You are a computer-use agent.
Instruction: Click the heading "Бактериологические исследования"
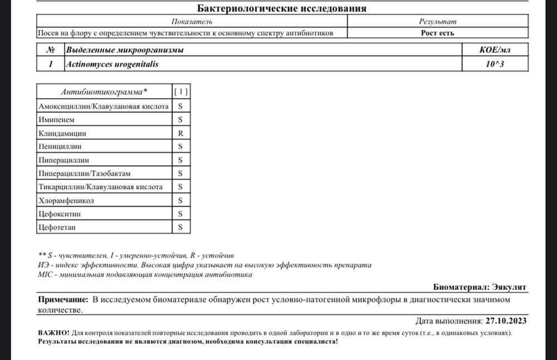(x=282, y=8)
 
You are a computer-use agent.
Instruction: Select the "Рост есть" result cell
(x=437, y=33)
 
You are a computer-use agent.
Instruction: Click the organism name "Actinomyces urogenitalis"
(x=112, y=64)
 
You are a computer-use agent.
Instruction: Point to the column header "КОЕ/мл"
(x=495, y=50)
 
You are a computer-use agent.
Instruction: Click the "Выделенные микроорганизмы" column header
(x=125, y=50)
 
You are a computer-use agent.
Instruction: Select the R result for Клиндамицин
(x=180, y=133)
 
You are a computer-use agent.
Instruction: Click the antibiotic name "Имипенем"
(x=56, y=119)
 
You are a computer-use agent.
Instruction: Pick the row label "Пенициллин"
(x=60, y=147)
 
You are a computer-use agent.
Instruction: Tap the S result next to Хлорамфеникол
(x=180, y=200)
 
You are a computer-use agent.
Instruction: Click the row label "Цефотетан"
(x=56, y=227)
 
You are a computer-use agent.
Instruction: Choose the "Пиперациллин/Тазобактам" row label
(x=84, y=173)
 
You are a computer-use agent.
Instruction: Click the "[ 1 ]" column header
(x=180, y=91)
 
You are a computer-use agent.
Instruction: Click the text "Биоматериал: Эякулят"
(x=480, y=287)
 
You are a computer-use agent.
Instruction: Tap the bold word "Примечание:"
(x=63, y=300)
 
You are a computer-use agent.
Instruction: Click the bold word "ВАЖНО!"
(x=53, y=332)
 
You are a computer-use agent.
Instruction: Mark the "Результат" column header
(x=437, y=21)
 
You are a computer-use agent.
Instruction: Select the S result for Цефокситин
(x=180, y=214)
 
